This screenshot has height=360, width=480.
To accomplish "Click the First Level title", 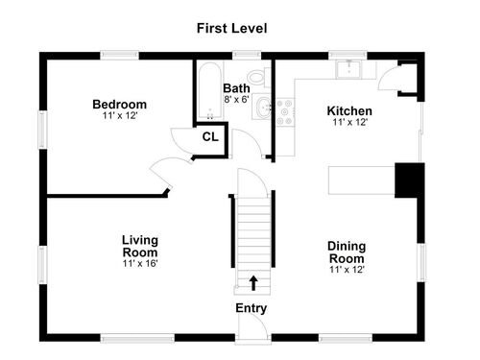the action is coord(231,28).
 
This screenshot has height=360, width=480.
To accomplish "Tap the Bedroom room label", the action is coord(120,105).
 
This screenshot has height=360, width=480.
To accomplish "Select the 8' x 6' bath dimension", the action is coord(236,100).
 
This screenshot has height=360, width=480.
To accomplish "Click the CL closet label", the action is coord(210,137).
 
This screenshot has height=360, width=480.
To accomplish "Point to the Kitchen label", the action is coord(349,111).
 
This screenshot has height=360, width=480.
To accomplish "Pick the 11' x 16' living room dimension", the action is coord(140,263).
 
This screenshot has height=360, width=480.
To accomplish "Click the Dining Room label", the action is coord(347,252).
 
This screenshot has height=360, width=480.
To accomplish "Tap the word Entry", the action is coord(252,308).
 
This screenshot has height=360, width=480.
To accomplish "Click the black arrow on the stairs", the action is coord(253,283).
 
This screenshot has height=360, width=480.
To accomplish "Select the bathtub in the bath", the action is coord(210,91).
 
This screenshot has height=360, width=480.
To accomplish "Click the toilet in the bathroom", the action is coord(259,77).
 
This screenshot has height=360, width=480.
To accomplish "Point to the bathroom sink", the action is coord(263,107).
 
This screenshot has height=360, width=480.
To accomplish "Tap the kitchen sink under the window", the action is coord(348,70).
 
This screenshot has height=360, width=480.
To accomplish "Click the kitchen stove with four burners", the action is coord(285,112).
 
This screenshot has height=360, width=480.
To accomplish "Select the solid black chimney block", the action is coord(410,180).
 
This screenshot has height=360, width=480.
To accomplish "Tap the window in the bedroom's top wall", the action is coord(119,56).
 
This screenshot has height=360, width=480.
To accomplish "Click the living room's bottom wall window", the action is coord(137,338).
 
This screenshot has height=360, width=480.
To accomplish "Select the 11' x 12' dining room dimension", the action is coord(348,270).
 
